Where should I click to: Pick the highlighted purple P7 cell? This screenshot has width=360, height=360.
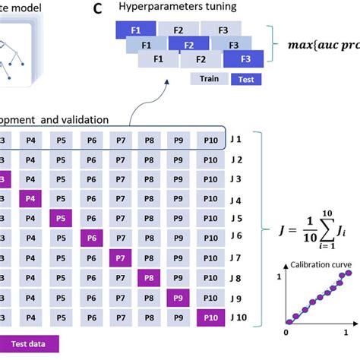click(x=121, y=258)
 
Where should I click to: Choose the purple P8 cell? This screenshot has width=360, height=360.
click(x=149, y=278)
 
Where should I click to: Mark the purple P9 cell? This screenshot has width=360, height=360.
click(x=178, y=298)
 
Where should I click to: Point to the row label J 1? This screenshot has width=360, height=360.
click(x=235, y=140)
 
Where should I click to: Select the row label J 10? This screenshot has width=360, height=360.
click(x=238, y=317)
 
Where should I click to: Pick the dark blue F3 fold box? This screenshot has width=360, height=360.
click(x=244, y=58)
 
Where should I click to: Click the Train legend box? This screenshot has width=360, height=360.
click(x=208, y=78)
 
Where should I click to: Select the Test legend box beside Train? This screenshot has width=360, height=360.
click(x=245, y=78)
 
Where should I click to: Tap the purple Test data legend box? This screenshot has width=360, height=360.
click(x=27, y=344)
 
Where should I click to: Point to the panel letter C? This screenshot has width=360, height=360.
click(x=97, y=9)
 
